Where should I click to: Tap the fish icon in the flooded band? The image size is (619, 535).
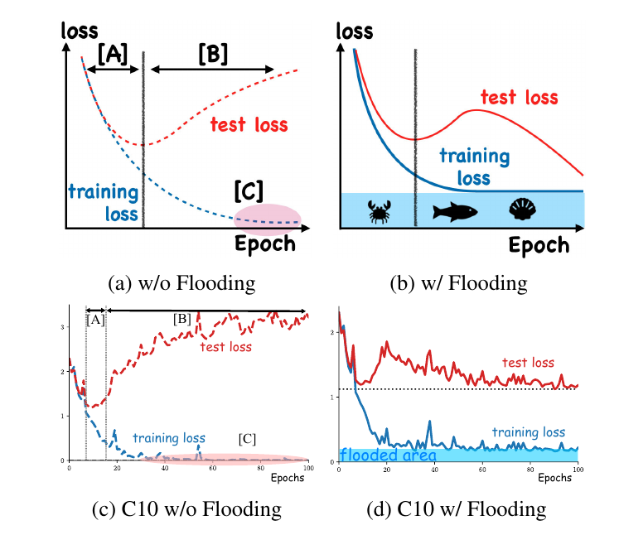455,212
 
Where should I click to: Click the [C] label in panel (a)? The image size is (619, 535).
248,190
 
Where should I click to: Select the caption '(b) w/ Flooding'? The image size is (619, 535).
458,283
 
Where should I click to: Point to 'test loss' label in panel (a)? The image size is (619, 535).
249,125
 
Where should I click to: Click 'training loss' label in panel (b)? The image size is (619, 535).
475,166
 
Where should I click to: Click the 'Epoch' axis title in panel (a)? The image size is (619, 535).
264,243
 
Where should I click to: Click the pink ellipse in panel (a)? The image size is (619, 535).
267,219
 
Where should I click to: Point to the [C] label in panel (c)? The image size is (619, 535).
247,436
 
